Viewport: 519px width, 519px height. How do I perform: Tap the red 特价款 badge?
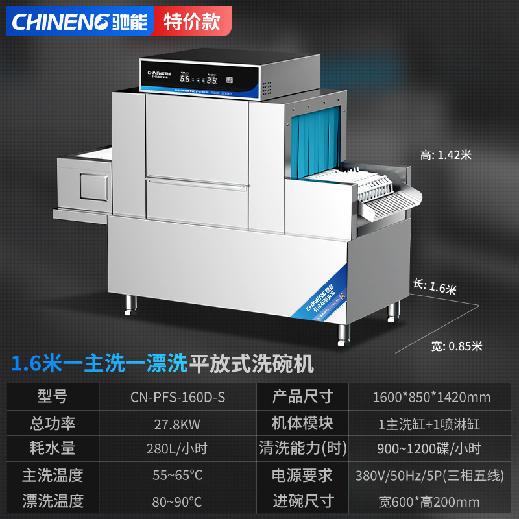(192, 21)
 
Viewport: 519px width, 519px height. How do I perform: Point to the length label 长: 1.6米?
(435, 286)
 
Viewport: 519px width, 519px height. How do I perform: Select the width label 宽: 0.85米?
(457, 346)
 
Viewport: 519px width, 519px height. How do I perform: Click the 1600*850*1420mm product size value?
(431, 397)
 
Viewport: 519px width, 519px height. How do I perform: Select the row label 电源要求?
(302, 475)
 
